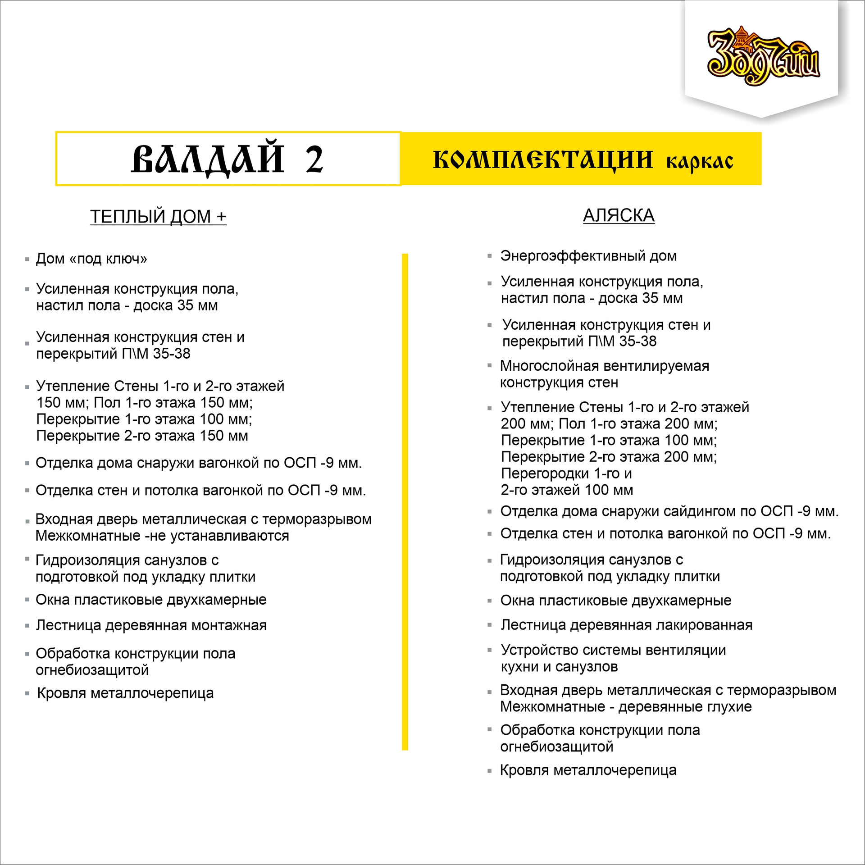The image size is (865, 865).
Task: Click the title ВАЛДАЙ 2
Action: [227, 159]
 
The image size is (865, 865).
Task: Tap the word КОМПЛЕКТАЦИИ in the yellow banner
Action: [542, 160]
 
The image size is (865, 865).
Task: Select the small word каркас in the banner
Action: [700, 162]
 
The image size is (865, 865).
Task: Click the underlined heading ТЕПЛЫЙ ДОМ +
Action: [158, 217]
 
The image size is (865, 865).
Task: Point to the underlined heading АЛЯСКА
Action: [619, 215]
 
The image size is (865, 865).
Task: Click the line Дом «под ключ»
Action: [91, 259]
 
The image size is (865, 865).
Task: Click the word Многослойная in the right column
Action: [547, 366]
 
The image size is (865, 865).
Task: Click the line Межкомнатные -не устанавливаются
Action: [162, 536]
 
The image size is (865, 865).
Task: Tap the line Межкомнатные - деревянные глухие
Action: [626, 706]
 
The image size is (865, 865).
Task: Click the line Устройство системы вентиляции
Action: [613, 650]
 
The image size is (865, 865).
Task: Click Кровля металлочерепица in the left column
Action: [125, 693]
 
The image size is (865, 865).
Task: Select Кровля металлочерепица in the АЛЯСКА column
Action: [588, 770]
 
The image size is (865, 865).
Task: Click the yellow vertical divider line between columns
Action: [405, 496]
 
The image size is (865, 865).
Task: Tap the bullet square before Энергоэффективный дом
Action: [489, 256]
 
